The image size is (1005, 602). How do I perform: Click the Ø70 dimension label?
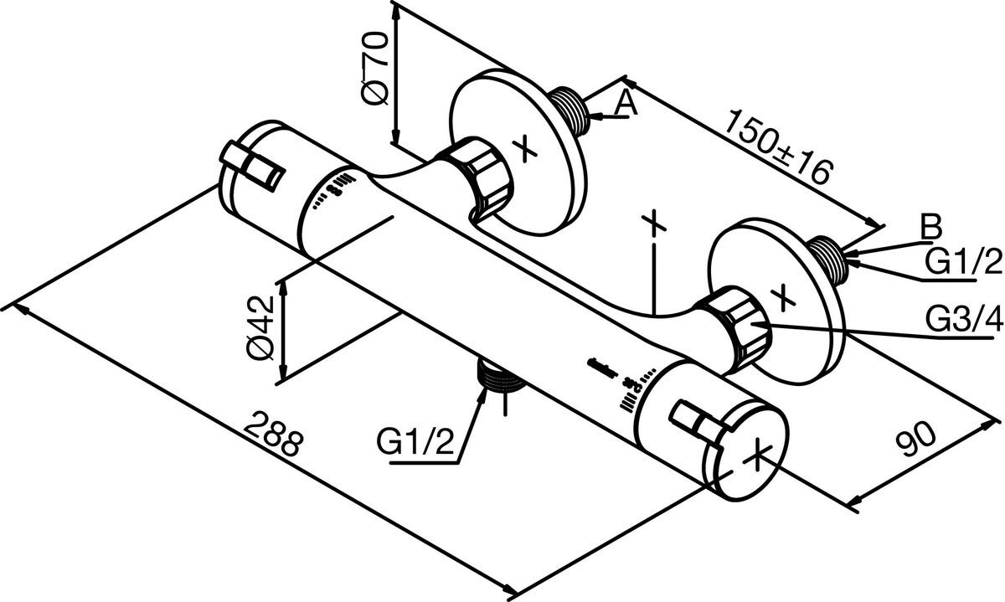coord(374,69)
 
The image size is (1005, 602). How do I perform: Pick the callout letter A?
coord(626,104)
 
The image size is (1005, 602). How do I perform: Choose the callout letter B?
coord(930,226)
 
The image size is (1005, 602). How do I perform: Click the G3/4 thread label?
coord(963,320)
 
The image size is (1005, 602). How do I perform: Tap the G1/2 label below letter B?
coord(963,264)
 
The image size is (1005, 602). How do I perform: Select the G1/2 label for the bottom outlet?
coord(415,442)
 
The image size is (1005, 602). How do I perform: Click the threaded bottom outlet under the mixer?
coord(502,382)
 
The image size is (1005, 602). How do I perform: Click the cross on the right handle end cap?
coord(756,456)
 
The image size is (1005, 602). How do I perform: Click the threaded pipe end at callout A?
coord(574,109)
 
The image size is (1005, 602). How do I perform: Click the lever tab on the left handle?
coord(252,166)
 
